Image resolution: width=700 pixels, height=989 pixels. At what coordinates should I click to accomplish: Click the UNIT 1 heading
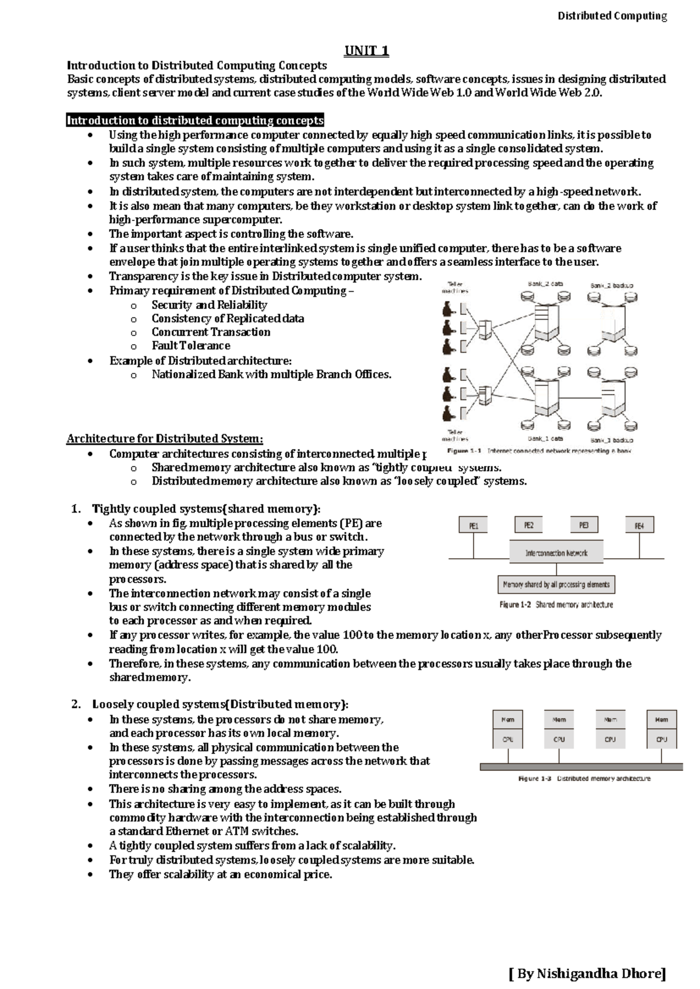[366, 51]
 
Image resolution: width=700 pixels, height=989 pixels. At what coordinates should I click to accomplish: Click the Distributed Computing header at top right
[612, 16]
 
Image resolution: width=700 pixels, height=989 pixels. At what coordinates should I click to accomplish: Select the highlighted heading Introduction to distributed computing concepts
[195, 121]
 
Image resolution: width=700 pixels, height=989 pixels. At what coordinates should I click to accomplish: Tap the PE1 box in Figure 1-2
[474, 526]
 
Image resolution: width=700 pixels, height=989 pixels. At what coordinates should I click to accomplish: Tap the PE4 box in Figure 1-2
[639, 526]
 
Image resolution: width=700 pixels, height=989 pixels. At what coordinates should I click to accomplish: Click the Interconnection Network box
[556, 553]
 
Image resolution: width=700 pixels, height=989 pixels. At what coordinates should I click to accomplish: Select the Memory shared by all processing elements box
[556, 584]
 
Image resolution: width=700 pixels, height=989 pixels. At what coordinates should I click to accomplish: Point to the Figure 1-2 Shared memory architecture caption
[556, 605]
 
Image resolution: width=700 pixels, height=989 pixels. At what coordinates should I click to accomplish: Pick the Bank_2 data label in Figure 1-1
[545, 284]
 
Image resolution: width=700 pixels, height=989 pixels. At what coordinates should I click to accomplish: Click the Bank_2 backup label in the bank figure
[611, 285]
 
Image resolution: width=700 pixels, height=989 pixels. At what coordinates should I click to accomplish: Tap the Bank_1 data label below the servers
[545, 439]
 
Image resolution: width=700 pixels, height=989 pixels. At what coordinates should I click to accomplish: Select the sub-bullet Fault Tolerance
[191, 346]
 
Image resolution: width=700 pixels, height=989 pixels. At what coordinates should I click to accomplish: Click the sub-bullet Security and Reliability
[209, 305]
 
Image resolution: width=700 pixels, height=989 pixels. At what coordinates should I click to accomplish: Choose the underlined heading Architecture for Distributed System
[164, 439]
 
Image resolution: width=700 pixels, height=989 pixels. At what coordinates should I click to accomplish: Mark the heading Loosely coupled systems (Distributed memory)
[220, 704]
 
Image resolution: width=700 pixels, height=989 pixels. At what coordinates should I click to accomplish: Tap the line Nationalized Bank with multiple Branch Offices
[271, 374]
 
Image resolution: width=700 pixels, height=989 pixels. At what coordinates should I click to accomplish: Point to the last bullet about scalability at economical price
[220, 874]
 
